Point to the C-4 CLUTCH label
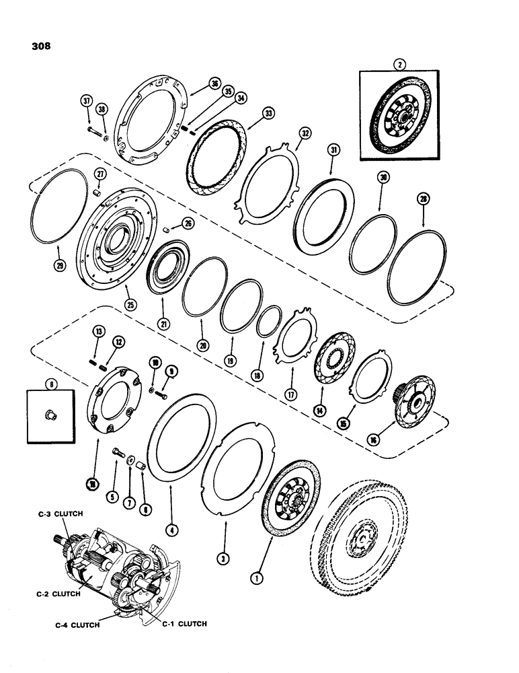[x=76, y=624]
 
